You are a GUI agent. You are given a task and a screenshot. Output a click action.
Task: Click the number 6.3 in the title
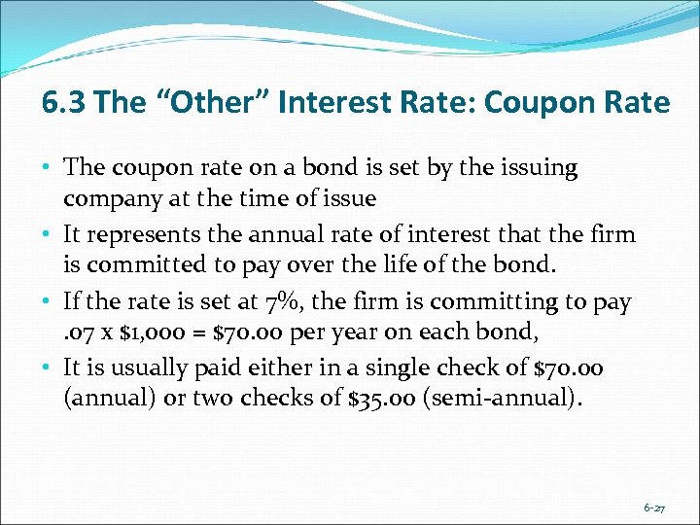pyautogui.click(x=63, y=102)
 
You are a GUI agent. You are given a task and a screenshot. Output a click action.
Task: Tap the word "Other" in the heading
pyautogui.click(x=220, y=102)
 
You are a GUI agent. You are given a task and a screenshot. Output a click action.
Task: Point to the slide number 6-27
pyautogui.click(x=653, y=507)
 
